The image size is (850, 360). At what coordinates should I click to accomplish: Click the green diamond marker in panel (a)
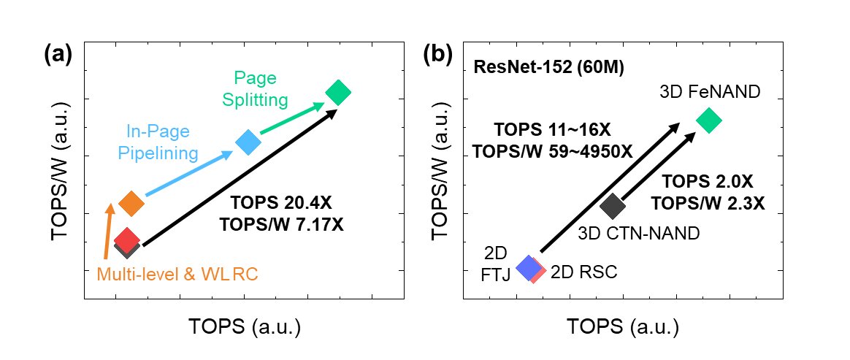click(x=338, y=92)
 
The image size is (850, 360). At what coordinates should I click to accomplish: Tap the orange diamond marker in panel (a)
click(x=131, y=203)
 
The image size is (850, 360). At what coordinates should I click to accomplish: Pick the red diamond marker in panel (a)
click(x=126, y=239)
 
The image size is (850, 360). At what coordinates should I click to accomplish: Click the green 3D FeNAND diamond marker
click(x=708, y=120)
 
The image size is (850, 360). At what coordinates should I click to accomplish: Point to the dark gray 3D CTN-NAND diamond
click(x=612, y=207)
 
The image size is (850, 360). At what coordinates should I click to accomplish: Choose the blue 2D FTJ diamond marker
click(x=528, y=268)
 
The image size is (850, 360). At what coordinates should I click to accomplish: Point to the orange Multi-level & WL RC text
click(x=178, y=274)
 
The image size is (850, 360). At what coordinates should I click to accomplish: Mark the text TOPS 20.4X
click(x=281, y=204)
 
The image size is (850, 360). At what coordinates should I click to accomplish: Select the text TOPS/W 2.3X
click(x=708, y=204)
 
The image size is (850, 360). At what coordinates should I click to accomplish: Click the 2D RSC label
click(x=583, y=272)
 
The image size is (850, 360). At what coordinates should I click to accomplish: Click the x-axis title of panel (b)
click(x=623, y=326)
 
